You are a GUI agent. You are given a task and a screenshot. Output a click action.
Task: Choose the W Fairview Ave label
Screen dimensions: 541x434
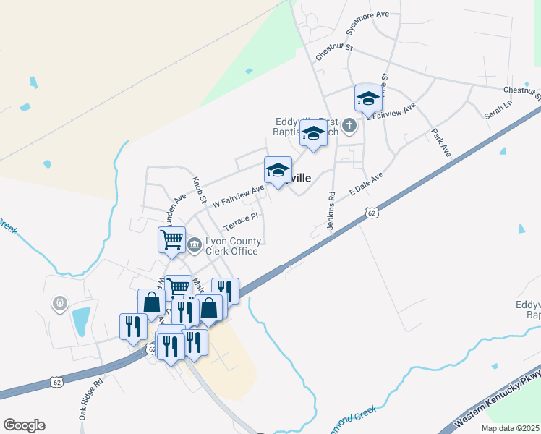pos(239,197)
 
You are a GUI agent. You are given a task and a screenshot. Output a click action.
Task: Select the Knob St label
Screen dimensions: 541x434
pos(199,189)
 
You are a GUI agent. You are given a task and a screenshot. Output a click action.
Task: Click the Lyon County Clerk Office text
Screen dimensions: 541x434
pos(231,246)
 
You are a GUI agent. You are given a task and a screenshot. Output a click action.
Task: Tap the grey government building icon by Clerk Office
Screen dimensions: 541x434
pos(194,246)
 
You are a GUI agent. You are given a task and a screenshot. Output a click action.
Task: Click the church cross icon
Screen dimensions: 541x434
pos(349,126)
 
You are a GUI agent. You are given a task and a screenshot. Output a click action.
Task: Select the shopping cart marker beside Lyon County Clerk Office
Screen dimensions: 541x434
pos(172,239)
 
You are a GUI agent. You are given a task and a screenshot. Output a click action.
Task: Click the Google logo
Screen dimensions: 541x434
pos(24,425)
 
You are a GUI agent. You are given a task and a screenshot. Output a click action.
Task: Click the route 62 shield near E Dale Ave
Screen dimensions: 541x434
pos(372,213)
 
